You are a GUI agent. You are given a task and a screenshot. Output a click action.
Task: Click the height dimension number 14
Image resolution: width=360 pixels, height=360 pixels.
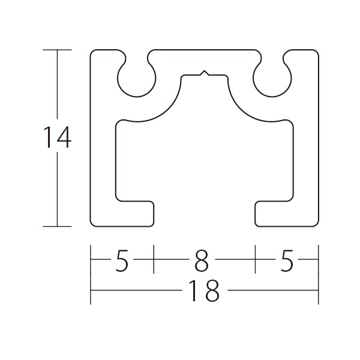click(58, 137)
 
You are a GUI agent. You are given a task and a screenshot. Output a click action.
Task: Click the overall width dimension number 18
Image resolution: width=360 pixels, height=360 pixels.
click(204, 290)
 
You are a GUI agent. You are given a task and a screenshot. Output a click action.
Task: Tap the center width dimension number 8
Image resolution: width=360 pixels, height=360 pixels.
click(202, 261)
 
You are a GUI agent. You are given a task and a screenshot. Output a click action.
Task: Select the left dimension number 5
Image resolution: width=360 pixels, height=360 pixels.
click(121, 261)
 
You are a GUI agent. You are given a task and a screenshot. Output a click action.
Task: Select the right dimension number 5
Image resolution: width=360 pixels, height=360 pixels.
click(287, 261)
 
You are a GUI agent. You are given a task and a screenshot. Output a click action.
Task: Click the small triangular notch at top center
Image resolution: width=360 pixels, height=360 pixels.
click(205, 73)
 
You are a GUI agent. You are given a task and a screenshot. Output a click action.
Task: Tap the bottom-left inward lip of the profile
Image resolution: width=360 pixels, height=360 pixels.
click(134, 214)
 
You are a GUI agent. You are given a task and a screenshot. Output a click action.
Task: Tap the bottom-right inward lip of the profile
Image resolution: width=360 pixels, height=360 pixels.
click(275, 214)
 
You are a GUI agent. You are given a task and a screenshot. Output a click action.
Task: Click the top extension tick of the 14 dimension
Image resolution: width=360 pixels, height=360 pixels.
click(58, 50)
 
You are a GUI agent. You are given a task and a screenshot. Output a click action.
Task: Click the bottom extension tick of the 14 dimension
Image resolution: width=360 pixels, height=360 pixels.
click(58, 226)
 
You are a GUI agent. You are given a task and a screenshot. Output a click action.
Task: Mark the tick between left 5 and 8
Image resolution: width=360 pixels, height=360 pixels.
click(154, 259)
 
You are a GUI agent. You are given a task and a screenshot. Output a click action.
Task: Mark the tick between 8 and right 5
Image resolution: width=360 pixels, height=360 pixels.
click(256, 259)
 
